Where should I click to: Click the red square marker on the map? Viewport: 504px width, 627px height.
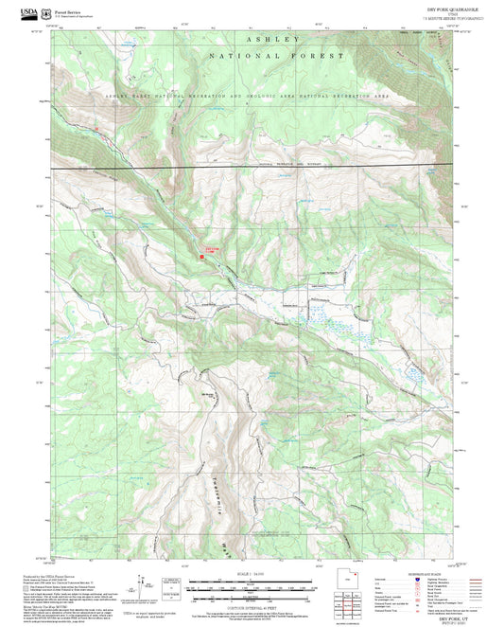(201, 254)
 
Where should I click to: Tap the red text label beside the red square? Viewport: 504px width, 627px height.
(212, 249)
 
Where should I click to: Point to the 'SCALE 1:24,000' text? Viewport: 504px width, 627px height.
(251, 573)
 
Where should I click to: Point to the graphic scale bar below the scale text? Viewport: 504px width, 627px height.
(251, 583)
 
